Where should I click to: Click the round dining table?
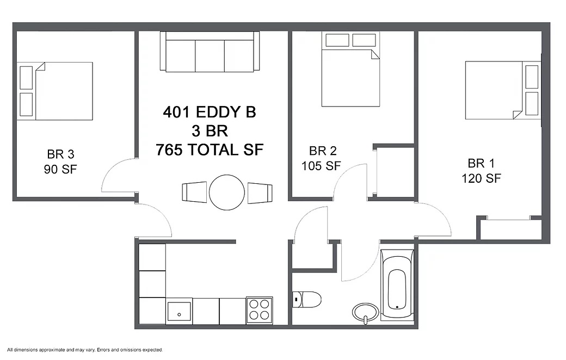pyautogui.click(x=227, y=193)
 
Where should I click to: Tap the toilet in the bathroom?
pyautogui.click(x=306, y=300)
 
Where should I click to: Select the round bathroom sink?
pyautogui.click(x=366, y=312)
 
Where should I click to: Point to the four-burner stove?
pyautogui.click(x=260, y=310)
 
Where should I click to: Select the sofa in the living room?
pyautogui.click(x=210, y=51)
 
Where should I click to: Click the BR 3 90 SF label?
pyautogui.click(x=60, y=162)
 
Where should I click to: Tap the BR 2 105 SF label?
pyautogui.click(x=321, y=158)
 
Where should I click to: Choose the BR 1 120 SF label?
pyautogui.click(x=481, y=171)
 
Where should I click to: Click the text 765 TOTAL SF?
pyautogui.click(x=210, y=150)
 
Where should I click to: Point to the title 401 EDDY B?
pyautogui.click(x=210, y=112)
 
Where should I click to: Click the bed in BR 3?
pyautogui.click(x=55, y=91)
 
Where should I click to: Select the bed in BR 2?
pyautogui.click(x=350, y=69)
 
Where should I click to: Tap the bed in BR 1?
pyautogui.click(x=503, y=90)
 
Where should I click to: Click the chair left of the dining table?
pyautogui.click(x=194, y=193)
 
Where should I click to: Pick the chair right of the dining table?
pyautogui.click(x=260, y=193)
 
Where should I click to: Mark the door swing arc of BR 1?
pyautogui.click(x=441, y=213)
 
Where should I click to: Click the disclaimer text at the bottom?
pyautogui.click(x=85, y=350)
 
